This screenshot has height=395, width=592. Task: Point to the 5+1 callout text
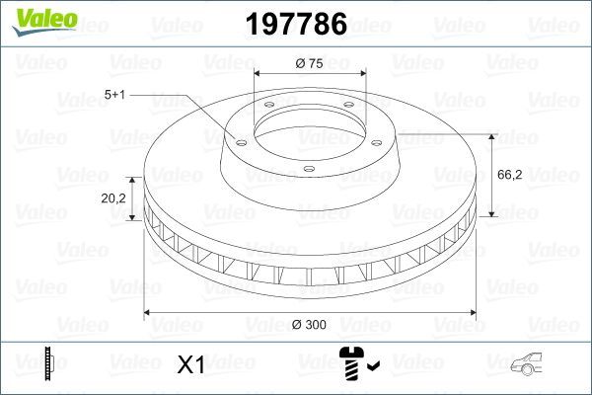[x=115, y=95]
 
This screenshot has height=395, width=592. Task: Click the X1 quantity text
[x=189, y=364]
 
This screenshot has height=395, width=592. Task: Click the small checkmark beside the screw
[x=371, y=368]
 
